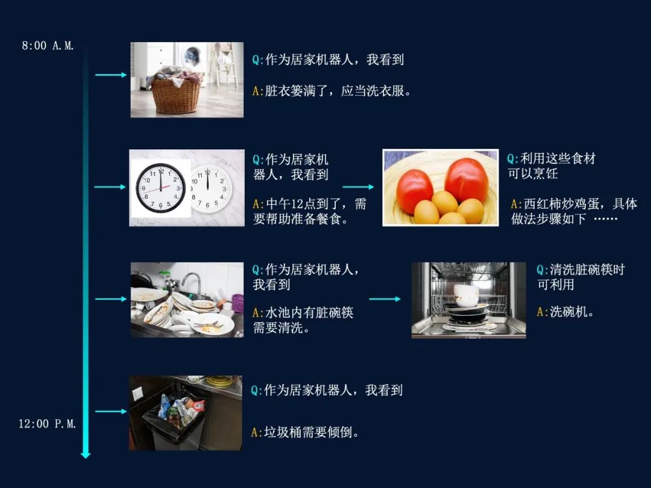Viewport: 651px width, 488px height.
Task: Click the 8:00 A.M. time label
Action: tap(48, 45)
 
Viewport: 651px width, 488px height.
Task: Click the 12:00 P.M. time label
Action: tap(47, 424)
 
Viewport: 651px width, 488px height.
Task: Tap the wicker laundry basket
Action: tap(175, 93)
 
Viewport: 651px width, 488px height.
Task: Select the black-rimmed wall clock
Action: tap(161, 188)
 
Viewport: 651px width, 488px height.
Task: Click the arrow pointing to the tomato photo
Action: tap(358, 187)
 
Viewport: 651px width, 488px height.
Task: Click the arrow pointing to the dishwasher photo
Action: tap(385, 299)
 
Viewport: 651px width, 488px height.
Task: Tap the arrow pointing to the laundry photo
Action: tap(111, 75)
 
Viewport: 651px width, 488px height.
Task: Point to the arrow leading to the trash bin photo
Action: tap(111, 411)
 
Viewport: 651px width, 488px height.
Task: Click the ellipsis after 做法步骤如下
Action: tap(606, 219)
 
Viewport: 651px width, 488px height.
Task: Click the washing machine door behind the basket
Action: tap(192, 55)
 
